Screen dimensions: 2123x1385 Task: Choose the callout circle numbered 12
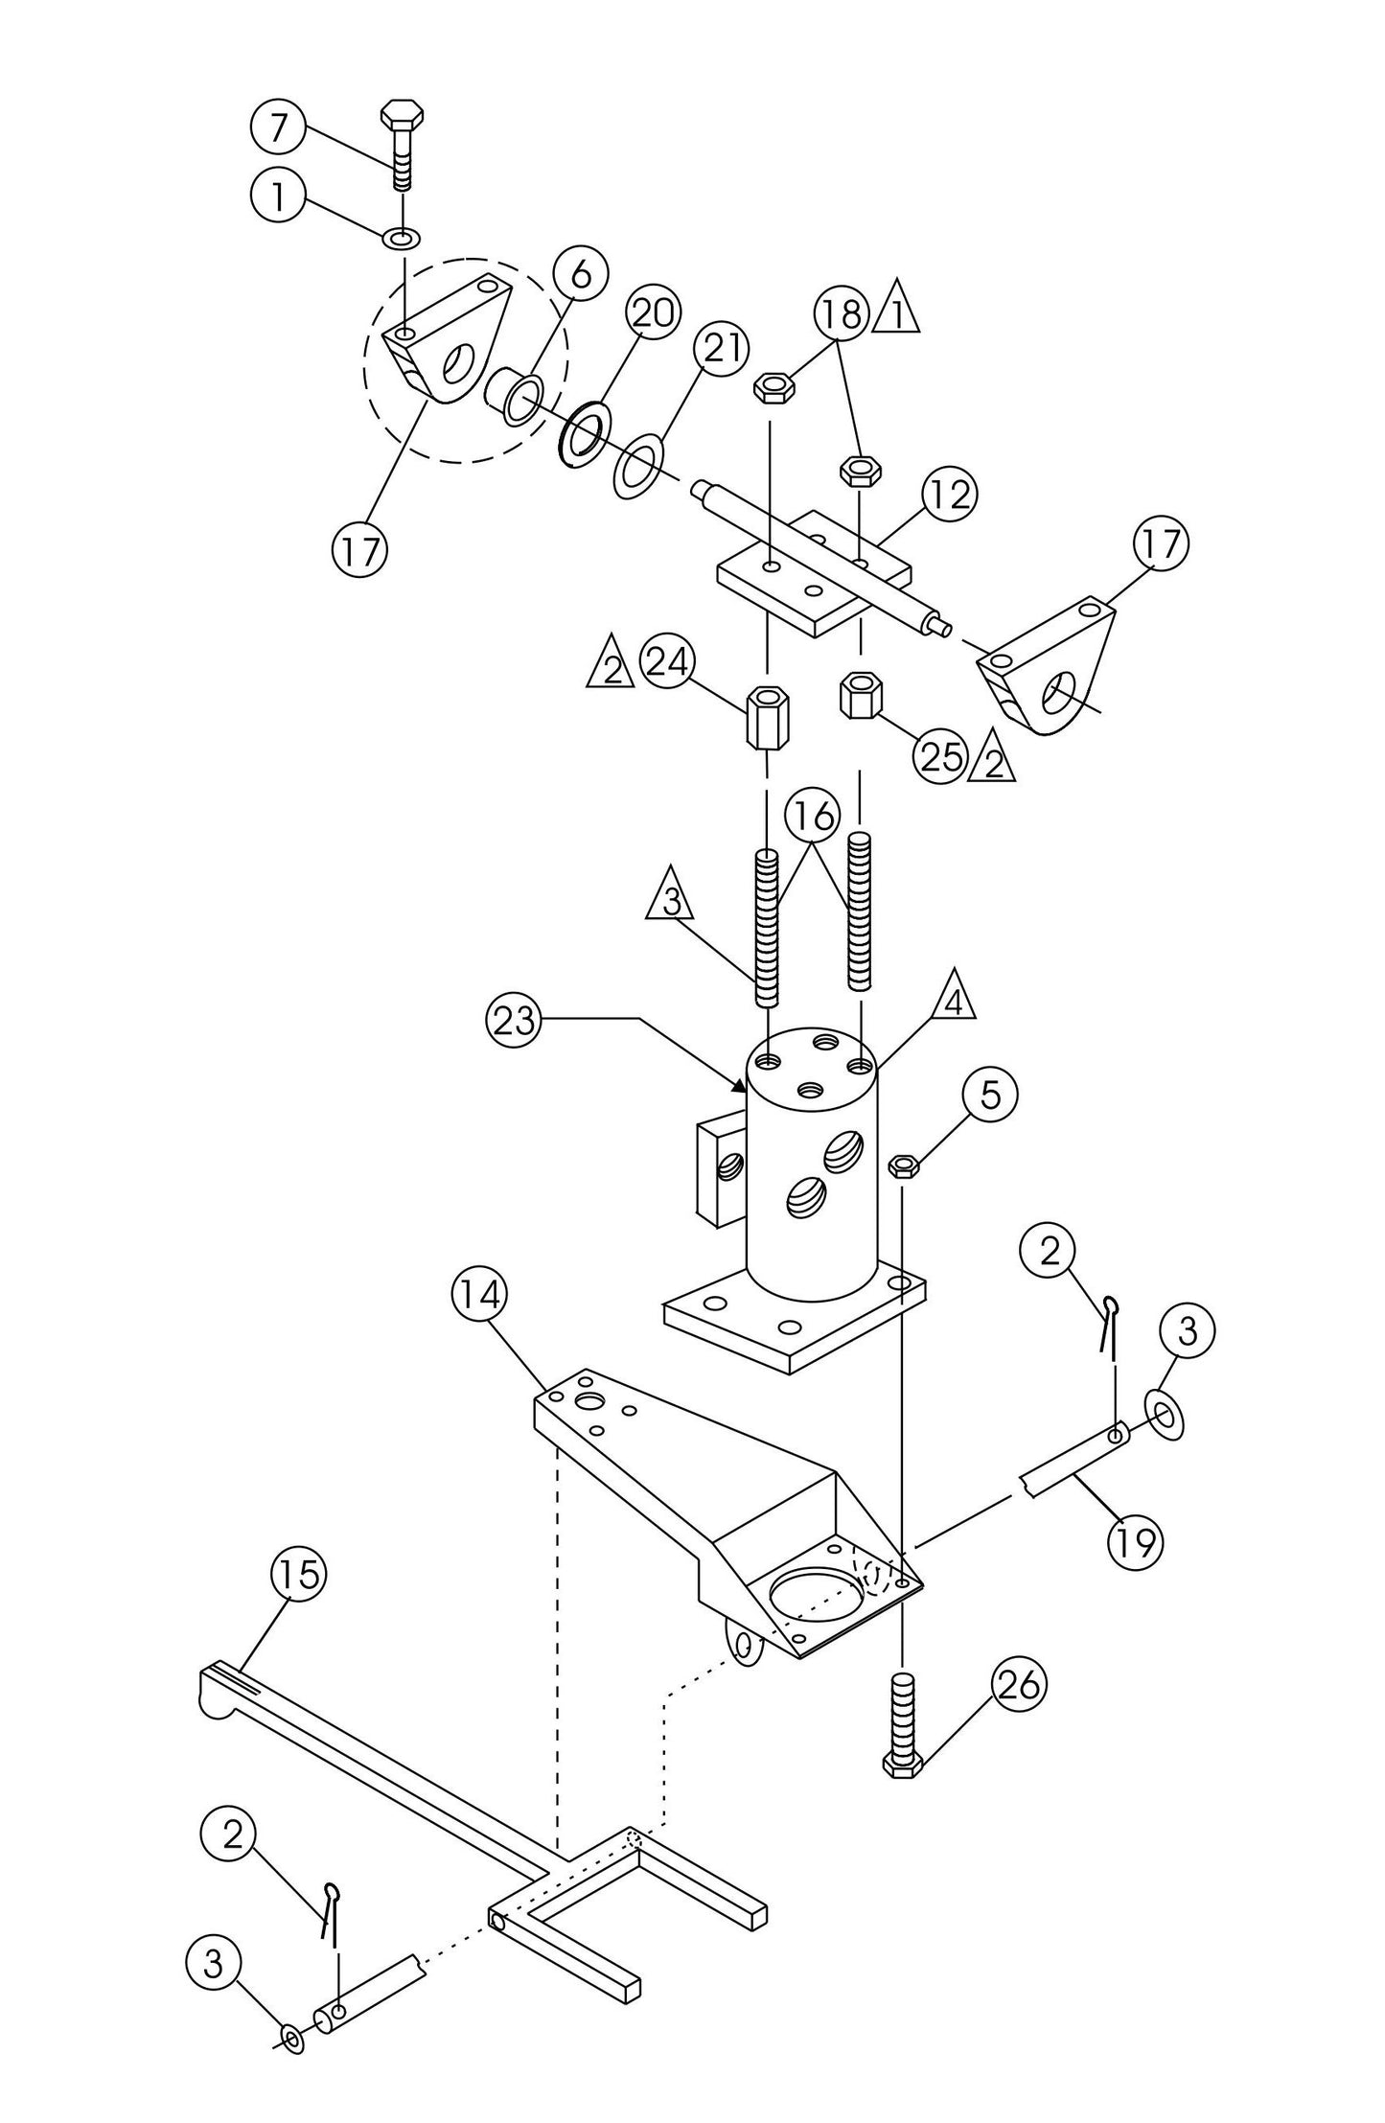pyautogui.click(x=949, y=496)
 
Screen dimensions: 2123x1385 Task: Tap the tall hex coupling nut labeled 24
pyautogui.click(x=764, y=717)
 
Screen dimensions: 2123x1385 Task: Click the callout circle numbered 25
pyautogui.click(x=940, y=756)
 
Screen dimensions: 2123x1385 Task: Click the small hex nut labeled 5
pyautogui.click(x=903, y=1166)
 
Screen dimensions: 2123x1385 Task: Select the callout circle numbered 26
pyautogui.click(x=1019, y=1684)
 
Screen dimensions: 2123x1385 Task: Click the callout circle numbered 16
pyautogui.click(x=812, y=818)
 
